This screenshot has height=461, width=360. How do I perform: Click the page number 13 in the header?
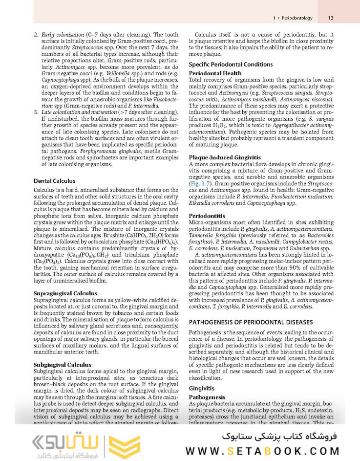pos(331,18)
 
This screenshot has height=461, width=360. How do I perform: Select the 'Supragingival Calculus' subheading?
pos(65,293)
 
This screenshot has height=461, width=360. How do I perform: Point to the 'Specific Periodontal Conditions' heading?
pos(231,65)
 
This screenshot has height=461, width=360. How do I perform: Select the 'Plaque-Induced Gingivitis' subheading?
pos(225,157)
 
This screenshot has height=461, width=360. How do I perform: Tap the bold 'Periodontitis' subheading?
pos(207,215)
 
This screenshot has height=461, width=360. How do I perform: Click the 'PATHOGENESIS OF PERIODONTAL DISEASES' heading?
pos(251,322)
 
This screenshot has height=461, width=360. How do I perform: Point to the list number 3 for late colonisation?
pos(36,112)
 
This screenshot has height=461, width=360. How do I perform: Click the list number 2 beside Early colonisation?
pos(36,36)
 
